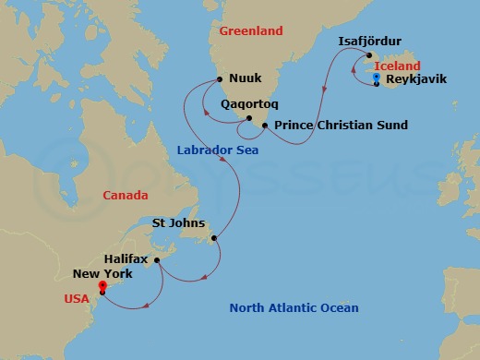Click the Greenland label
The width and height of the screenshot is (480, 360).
point(251,30)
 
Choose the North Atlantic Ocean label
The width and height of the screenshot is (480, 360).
point(294,308)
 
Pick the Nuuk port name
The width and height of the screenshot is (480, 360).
point(246,80)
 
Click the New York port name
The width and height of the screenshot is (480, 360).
point(102,274)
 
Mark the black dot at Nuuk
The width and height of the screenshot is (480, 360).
point(220,79)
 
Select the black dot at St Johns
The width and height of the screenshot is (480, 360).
point(214,238)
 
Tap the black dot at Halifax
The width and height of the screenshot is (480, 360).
point(158,260)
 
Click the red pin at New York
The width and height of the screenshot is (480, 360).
point(102,286)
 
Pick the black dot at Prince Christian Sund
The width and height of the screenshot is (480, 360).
point(265,125)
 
